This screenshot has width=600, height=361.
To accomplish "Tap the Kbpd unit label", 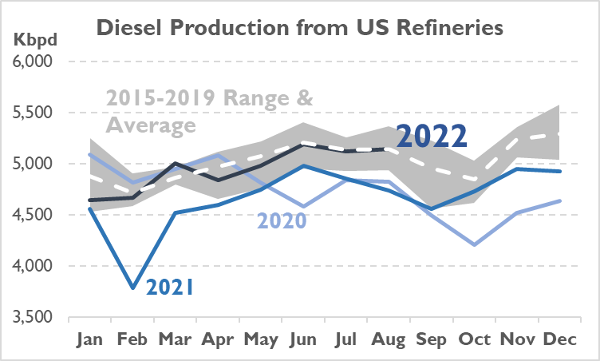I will [29, 38].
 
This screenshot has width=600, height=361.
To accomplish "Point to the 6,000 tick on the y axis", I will [33, 61].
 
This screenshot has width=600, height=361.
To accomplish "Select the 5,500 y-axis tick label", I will [33, 113].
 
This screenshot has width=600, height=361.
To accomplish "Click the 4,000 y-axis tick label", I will [33, 266].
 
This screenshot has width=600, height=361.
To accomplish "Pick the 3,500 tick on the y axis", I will [33, 317].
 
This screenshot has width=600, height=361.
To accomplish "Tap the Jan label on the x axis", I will [89, 339].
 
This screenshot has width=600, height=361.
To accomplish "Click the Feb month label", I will [132, 339].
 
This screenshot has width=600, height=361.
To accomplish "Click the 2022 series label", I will [431, 137].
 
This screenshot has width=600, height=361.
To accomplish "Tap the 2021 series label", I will [170, 285].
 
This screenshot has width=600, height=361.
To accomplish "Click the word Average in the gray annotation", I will [151, 125].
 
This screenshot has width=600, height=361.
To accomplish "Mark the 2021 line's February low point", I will [132, 288].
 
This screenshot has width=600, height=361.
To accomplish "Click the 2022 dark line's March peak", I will [175, 164].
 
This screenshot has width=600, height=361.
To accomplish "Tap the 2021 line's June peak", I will [302, 165].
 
